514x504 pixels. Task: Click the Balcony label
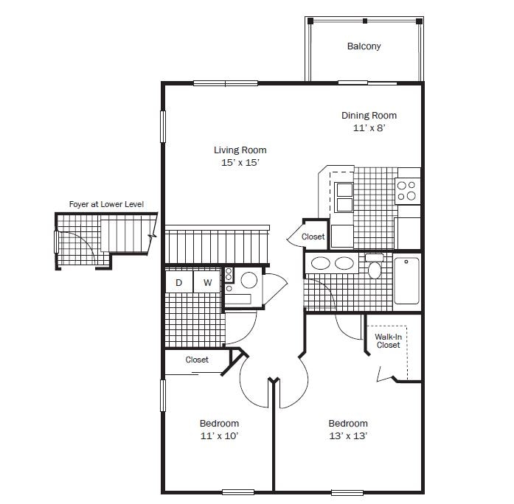364,46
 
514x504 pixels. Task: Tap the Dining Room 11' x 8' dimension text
369,127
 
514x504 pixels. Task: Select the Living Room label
240,150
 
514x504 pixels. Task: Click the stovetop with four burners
408,191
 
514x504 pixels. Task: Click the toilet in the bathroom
375,265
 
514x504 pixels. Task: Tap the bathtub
406,281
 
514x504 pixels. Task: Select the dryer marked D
179,281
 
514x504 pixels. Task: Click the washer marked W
207,281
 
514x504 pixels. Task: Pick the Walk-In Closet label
388,341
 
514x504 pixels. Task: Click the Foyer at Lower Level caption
106,204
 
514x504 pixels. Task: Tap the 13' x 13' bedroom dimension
348,436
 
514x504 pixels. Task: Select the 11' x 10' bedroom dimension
219,436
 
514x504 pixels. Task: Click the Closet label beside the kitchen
313,237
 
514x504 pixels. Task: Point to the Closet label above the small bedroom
197,360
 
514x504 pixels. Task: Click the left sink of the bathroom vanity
320,263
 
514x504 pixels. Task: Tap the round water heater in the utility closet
249,280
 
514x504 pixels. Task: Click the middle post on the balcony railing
365,21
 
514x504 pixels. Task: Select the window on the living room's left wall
162,127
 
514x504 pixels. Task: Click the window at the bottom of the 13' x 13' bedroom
347,492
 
